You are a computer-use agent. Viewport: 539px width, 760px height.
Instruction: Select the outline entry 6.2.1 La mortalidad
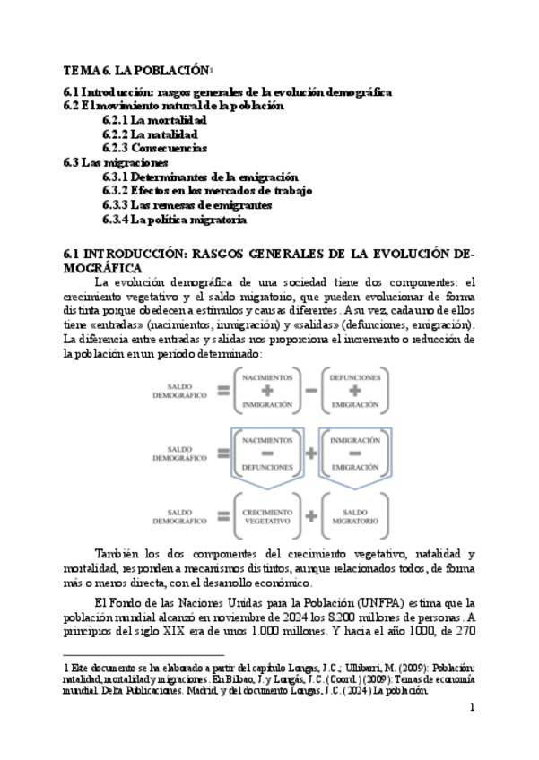[x=154, y=119]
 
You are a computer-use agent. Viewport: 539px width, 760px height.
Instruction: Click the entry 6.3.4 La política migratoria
[x=174, y=219]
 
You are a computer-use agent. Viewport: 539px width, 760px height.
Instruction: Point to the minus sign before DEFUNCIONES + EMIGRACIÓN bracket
[x=309, y=391]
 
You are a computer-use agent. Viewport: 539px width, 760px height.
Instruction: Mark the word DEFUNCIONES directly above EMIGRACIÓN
[x=354, y=377]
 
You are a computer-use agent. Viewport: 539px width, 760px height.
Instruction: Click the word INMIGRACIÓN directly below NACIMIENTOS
[x=267, y=404]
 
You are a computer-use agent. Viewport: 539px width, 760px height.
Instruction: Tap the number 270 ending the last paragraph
[x=463, y=631]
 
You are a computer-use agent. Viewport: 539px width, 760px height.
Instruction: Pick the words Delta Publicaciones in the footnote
[x=123, y=691]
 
